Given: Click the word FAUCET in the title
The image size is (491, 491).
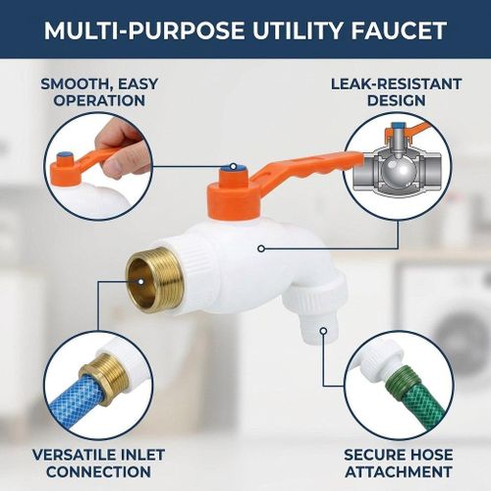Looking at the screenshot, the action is click(399, 30).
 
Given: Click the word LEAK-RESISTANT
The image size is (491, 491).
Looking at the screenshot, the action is click(396, 84).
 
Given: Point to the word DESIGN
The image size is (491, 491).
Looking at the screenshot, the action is click(396, 100).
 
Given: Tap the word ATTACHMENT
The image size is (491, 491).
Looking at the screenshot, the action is click(399, 471).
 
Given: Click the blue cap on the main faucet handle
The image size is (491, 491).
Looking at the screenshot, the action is click(233, 168).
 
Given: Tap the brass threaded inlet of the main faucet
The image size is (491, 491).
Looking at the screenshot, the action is click(153, 279).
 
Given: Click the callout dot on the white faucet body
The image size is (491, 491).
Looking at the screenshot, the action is click(261, 248).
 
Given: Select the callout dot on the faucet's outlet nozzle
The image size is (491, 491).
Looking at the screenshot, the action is click(323, 331).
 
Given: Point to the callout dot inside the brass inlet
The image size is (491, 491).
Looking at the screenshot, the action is click(140, 282).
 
